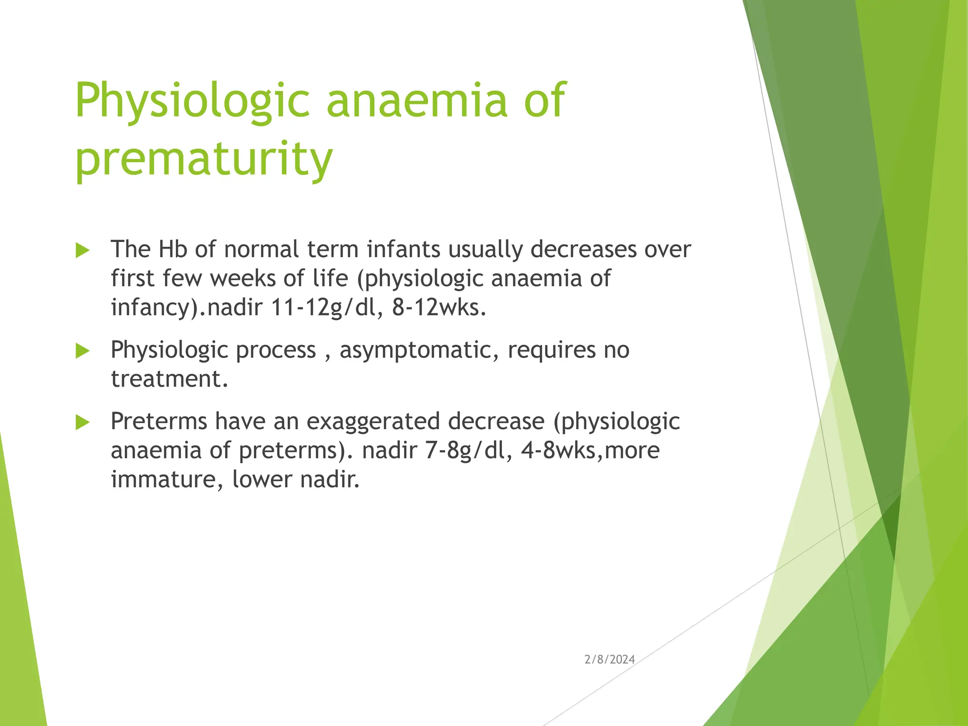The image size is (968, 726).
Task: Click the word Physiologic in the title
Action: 192,100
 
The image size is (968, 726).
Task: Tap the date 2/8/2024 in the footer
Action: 609,659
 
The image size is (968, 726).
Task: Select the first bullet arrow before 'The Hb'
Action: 82,251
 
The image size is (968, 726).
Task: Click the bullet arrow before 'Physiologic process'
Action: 82,351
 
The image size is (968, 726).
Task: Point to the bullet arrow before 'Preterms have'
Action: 82,422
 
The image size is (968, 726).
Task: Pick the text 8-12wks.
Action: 439,308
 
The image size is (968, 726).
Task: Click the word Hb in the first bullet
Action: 173,249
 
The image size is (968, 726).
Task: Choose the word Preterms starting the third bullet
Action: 159,421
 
